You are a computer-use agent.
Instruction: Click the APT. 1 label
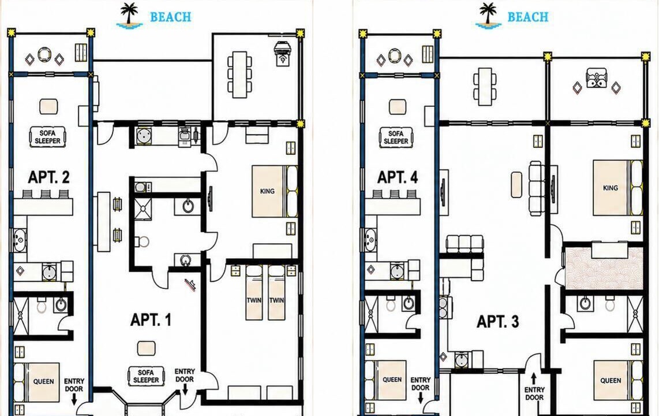151,320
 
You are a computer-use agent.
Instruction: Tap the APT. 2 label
48,177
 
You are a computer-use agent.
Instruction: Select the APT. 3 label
498,322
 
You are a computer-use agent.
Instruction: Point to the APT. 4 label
398,177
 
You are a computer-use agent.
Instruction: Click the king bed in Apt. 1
275,191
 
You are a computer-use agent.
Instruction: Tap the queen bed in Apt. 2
36,382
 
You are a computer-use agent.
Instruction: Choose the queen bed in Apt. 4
386,380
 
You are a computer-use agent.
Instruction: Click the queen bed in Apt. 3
618,380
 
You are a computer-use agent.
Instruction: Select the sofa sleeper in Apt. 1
146,376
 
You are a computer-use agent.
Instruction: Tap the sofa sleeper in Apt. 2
47,137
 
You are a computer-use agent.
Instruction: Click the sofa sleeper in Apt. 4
396,137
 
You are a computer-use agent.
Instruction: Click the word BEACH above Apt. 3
528,17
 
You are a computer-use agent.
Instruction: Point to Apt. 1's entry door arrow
185,391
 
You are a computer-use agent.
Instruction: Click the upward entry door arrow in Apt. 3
534,378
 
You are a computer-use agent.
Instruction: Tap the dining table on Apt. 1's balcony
240,75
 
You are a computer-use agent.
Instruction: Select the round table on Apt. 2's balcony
44,55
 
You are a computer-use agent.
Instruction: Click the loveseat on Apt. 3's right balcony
596,78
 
